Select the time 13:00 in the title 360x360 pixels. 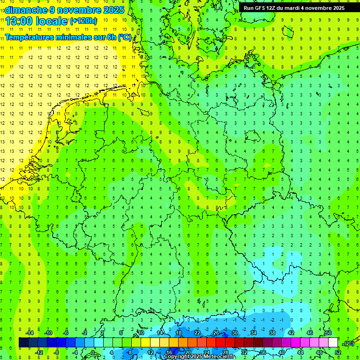pyautogui.click(x=21, y=21)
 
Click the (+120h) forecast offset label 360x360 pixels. pyautogui.click(x=83, y=21)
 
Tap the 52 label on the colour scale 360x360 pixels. pyautogui.click(x=338, y=352)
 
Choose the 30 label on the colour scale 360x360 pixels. pyautogui.click(x=235, y=333)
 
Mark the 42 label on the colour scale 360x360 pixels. pyautogui.click(x=291, y=333)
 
